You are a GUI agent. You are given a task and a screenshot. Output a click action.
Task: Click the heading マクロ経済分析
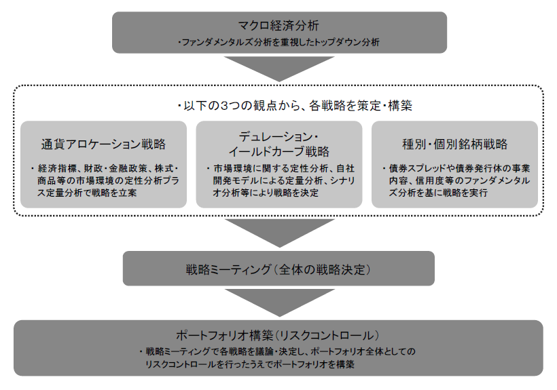279,26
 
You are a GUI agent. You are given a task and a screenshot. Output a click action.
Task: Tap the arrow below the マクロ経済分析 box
279,69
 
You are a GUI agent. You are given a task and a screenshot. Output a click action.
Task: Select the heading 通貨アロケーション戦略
103,144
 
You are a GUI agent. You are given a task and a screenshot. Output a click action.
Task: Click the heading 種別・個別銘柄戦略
454,144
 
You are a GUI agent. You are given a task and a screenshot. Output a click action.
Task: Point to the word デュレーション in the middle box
276,137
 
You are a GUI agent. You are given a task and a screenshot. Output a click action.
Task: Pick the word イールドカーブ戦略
279,152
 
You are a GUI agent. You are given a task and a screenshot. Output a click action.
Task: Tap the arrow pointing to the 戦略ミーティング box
280,233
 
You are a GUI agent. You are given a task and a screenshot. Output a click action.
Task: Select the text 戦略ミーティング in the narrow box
228,270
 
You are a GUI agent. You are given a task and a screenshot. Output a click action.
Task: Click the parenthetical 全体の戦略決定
322,270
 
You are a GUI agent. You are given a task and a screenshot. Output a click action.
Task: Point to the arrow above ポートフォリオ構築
280,303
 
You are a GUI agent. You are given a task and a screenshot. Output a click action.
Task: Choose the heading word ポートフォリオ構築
225,335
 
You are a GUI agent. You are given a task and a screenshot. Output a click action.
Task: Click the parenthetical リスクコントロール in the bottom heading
327,335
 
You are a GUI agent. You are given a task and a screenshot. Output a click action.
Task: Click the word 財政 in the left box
92,168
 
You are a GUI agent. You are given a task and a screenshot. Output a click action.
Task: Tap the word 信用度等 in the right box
433,181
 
